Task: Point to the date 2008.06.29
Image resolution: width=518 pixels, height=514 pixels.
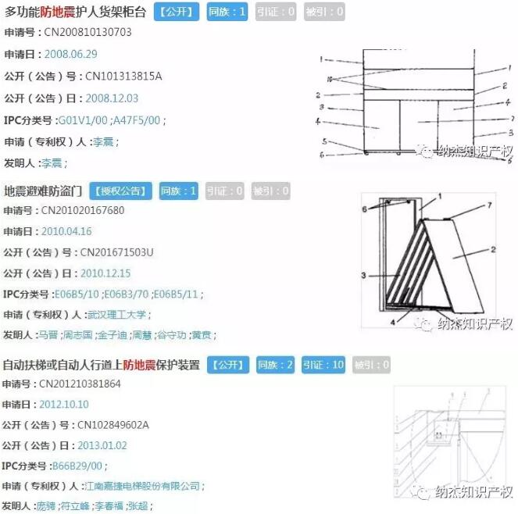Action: click(71, 55)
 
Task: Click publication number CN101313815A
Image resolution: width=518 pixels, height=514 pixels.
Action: click(123, 77)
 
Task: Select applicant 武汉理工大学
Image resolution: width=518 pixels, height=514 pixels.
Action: click(117, 315)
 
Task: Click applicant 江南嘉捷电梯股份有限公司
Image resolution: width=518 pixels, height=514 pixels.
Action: click(144, 486)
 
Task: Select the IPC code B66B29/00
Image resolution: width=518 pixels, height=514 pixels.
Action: click(76, 466)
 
